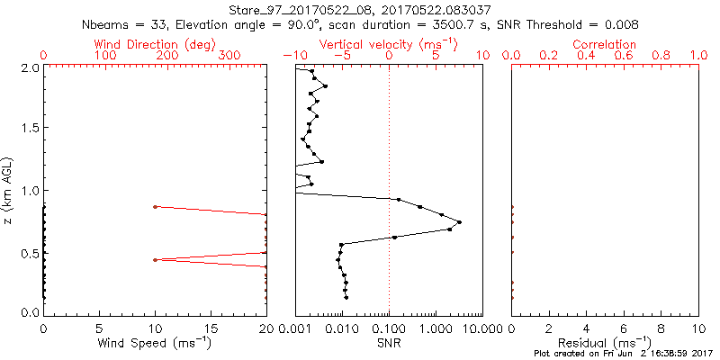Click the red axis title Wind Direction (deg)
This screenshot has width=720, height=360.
tap(156, 44)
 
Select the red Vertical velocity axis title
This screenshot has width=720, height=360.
tap(388, 44)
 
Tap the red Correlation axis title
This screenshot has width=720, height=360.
tap(605, 44)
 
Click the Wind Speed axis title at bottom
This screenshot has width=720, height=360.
tap(156, 343)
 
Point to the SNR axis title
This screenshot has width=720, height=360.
tap(388, 343)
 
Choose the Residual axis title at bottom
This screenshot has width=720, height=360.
tap(605, 343)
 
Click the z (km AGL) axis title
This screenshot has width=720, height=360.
tap(9, 189)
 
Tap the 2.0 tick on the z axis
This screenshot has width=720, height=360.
tap(29, 67)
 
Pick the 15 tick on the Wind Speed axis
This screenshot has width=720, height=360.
tap(211, 328)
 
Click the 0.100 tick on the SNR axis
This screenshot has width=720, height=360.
tap(389, 328)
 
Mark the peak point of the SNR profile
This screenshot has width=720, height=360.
tap(460, 222)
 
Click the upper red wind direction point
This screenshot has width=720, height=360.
tap(156, 207)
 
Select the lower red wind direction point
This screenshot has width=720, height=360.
tap(156, 260)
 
